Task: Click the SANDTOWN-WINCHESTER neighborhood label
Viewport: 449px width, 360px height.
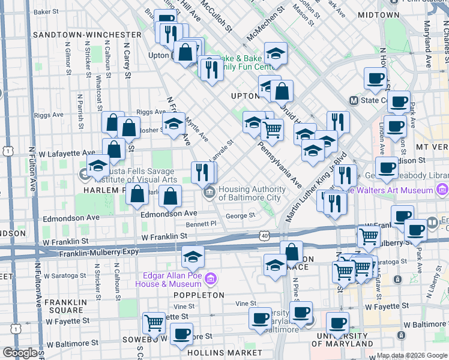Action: [86, 35]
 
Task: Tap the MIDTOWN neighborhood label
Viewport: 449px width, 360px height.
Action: [378, 14]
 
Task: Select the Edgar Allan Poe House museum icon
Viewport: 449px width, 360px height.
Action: [209, 279]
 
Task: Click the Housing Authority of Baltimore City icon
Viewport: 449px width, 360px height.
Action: [209, 193]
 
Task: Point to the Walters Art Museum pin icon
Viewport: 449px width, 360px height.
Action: [442, 190]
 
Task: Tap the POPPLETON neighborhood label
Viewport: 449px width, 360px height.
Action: [199, 295]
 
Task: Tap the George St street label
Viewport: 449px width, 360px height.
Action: [240, 215]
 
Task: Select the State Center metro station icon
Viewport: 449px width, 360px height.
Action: [354, 100]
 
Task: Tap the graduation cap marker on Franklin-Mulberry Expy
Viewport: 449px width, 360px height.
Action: [193, 257]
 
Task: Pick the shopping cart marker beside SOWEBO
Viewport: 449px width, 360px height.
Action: [154, 323]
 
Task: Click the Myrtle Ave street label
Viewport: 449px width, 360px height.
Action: [198, 128]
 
